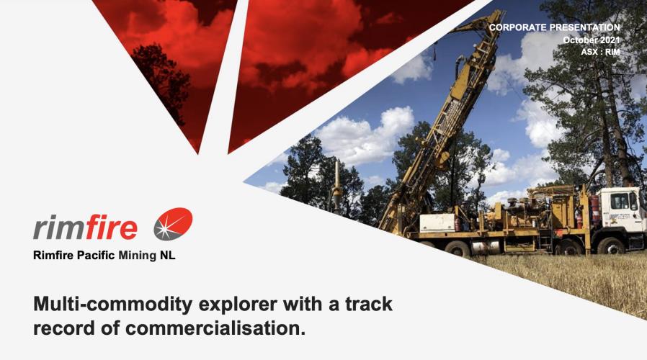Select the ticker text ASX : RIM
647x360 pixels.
[600, 52]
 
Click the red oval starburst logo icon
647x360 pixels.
[174, 224]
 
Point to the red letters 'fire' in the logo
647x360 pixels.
[111, 227]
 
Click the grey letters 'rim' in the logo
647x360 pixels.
[58, 228]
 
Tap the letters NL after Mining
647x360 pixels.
[167, 256]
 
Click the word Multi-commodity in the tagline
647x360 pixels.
[113, 305]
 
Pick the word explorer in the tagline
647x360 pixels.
[238, 305]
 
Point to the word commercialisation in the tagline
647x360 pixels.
[215, 328]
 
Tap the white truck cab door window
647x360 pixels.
[620, 201]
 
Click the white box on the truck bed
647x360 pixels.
[438, 223]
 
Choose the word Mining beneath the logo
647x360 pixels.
[138, 256]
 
